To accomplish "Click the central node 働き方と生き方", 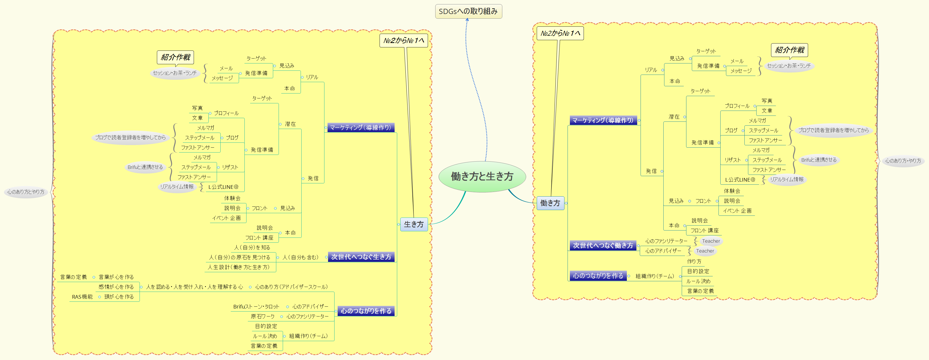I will pos(482,176).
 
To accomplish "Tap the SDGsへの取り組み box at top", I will pos(468,11).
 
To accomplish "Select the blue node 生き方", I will pos(414,224).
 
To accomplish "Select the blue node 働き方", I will pos(550,203).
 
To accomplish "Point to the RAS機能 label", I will pos(82,297).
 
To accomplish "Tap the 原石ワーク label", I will pos(263,316).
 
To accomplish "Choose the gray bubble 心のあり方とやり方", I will pos(26,192).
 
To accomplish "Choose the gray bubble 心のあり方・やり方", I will pos(903,161).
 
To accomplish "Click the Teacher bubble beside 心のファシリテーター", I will pos(711,241).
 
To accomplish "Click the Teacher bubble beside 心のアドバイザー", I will pos(705,251).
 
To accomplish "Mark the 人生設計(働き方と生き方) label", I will pos(239,267).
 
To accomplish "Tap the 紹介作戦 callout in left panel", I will pos(175,57).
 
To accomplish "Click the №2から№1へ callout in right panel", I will pos(560,33).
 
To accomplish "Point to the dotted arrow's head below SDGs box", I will pos(467,20).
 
